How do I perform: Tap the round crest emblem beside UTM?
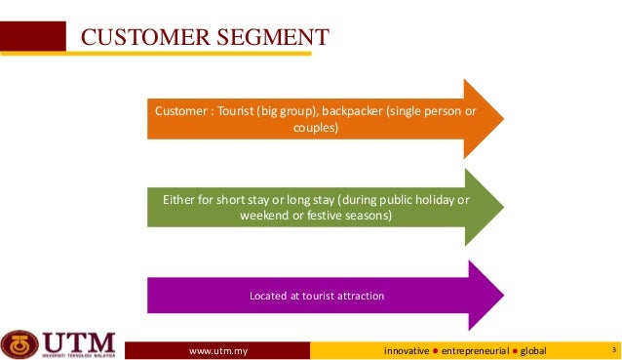(19, 344)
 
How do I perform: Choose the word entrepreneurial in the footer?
(477, 349)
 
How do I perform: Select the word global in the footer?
(534, 349)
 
